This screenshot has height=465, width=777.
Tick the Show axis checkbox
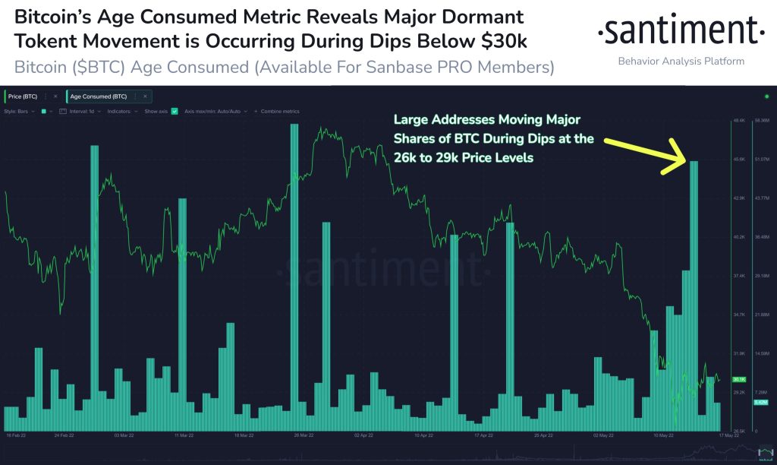[175, 111]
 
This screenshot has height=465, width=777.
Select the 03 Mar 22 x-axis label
[123, 437]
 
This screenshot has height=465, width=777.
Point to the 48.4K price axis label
[738, 121]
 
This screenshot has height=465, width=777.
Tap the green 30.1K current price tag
[738, 379]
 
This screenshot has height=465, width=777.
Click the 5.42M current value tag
[760, 402]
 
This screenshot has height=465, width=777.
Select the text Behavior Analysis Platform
[681, 61]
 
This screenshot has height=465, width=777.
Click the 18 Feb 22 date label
[17, 437]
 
